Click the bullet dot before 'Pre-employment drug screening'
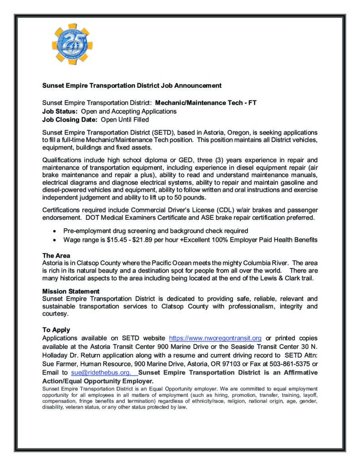pos(55,231)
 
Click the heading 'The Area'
pos(56,256)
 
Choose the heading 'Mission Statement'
pos(71,291)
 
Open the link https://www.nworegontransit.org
pos(215,338)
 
